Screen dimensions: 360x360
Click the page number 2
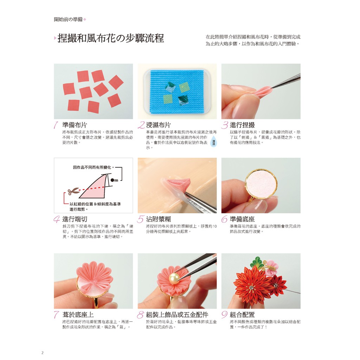click(x=42, y=353)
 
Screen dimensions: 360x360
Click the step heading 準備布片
click(x=75, y=125)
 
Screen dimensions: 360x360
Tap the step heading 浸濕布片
click(x=159, y=125)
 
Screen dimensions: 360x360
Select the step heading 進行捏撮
click(x=242, y=125)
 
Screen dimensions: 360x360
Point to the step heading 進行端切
click(x=75, y=219)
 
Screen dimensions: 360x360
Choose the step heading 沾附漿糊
click(x=159, y=219)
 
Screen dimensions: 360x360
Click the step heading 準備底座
click(x=242, y=219)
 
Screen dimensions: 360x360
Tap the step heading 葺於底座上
click(x=78, y=315)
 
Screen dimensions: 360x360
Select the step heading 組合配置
click(x=242, y=315)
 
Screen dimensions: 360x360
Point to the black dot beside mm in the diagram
click(x=112, y=180)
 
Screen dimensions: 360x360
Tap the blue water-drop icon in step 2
click(x=213, y=143)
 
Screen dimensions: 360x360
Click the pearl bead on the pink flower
click(x=174, y=279)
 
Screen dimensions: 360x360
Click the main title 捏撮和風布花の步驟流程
click(x=111, y=38)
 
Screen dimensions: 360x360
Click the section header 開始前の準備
click(x=68, y=20)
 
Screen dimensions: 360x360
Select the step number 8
click(x=141, y=315)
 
